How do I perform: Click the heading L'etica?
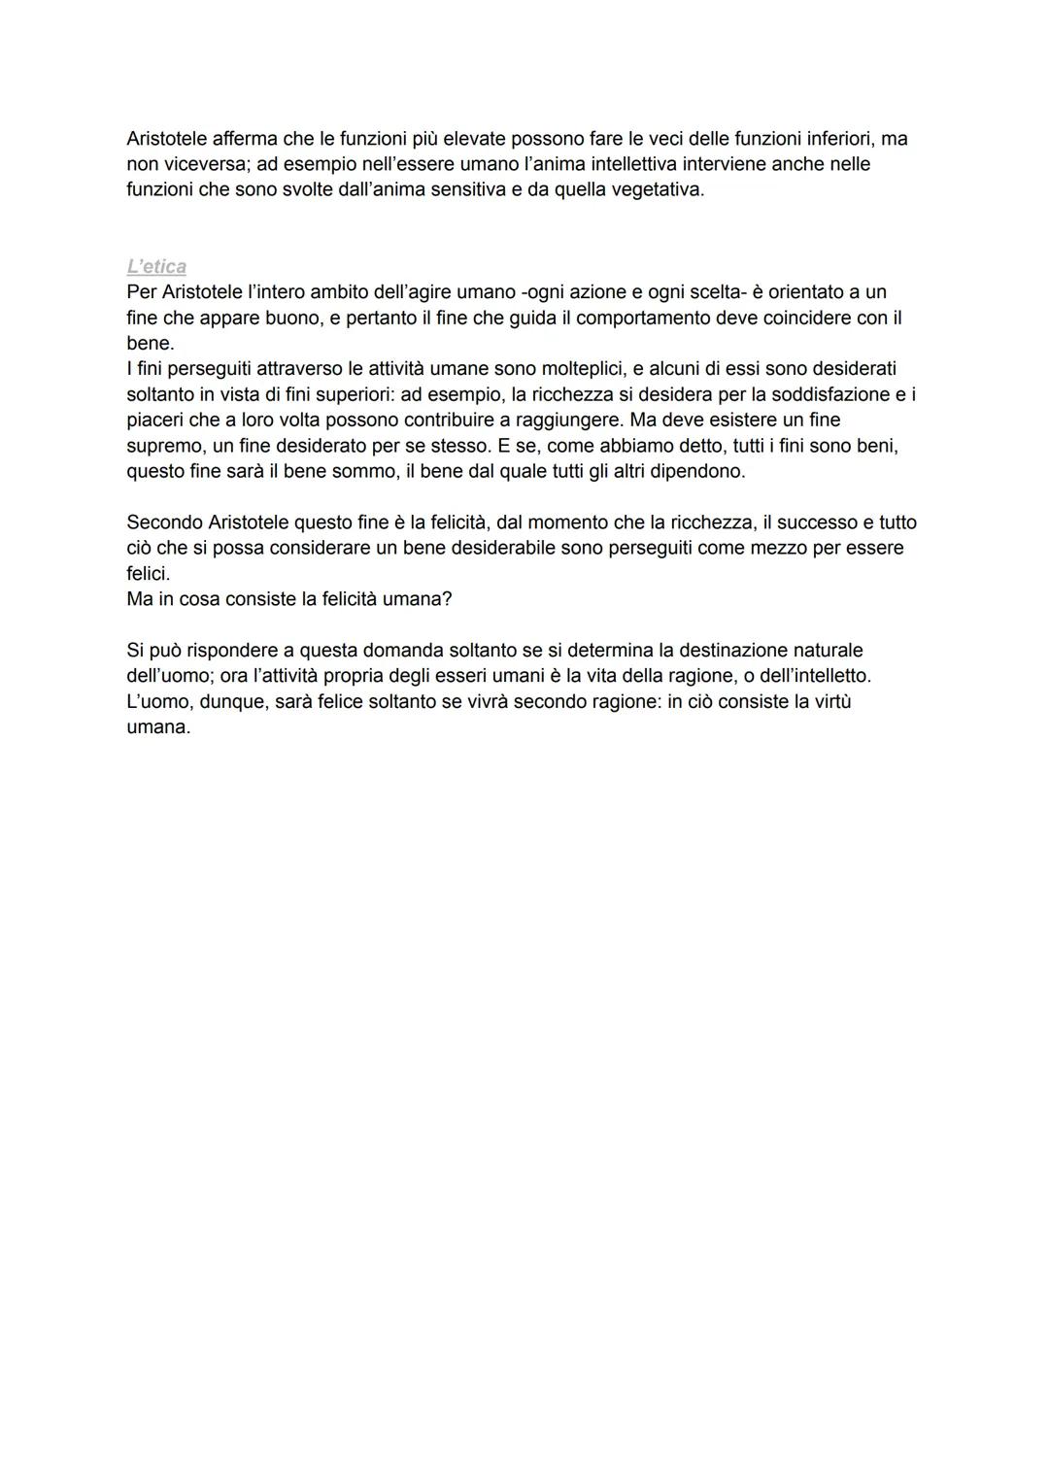coord(156,266)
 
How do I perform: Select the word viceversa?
coord(204,164)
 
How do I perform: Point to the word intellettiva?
coord(647,164)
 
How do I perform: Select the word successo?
coord(818,522)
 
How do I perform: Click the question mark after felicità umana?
coord(447,599)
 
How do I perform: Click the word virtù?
coord(829,701)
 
